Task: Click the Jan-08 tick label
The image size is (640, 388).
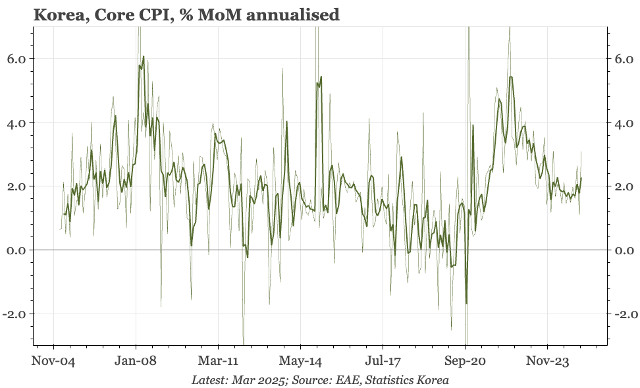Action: point(136,361)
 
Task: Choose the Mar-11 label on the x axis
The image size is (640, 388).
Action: point(218,361)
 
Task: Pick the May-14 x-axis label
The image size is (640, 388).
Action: point(300,361)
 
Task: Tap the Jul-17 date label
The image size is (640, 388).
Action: point(383,361)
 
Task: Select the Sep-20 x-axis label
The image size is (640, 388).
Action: point(465,361)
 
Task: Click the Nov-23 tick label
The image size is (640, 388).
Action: point(547,361)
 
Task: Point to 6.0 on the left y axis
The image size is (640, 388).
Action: point(16,59)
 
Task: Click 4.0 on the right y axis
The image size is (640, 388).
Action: point(623,123)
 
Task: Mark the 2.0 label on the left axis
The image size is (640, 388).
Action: point(16,186)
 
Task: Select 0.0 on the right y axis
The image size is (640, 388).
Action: point(623,250)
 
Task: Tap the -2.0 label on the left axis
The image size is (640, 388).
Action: point(14,314)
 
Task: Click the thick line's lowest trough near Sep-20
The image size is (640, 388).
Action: point(466,304)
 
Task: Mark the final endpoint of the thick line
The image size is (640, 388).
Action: point(581,178)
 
